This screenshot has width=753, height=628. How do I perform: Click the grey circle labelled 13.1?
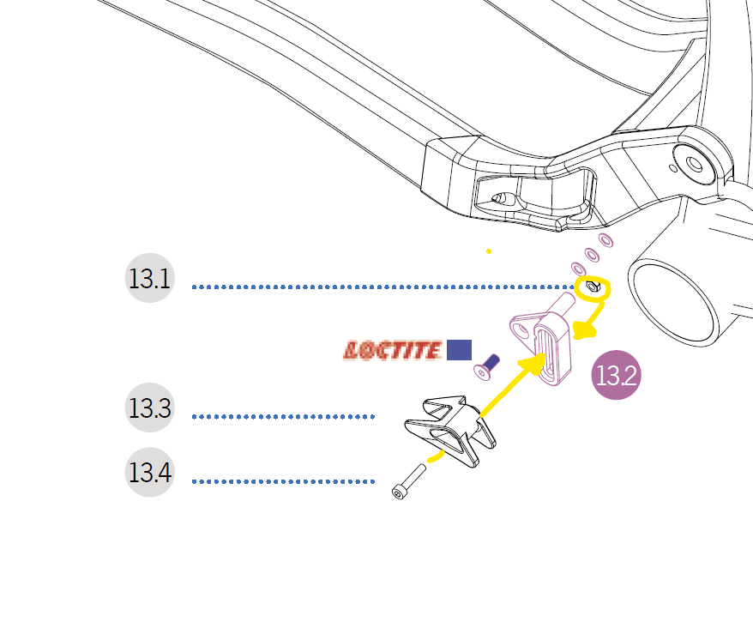click(x=150, y=279)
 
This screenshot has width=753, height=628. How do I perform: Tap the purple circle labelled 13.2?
click(x=617, y=376)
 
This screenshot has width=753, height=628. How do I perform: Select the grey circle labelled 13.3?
click(x=150, y=408)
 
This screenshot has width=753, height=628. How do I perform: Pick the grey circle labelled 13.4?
click(x=150, y=473)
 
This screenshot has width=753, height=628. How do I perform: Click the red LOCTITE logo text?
click(x=392, y=350)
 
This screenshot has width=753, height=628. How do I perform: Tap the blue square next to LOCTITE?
click(x=459, y=350)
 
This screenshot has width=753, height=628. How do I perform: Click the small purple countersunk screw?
click(x=487, y=366)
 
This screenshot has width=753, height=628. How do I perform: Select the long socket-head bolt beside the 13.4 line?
click(x=408, y=480)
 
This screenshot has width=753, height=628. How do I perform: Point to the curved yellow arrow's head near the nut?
click(x=583, y=331)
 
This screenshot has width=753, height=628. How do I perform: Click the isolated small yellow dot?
click(x=489, y=251)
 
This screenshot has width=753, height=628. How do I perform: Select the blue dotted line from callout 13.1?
click(x=377, y=287)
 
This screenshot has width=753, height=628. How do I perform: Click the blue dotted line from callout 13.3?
click(x=283, y=417)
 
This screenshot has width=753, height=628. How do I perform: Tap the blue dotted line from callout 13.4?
click(x=283, y=481)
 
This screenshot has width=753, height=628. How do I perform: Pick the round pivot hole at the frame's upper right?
click(x=690, y=162)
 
